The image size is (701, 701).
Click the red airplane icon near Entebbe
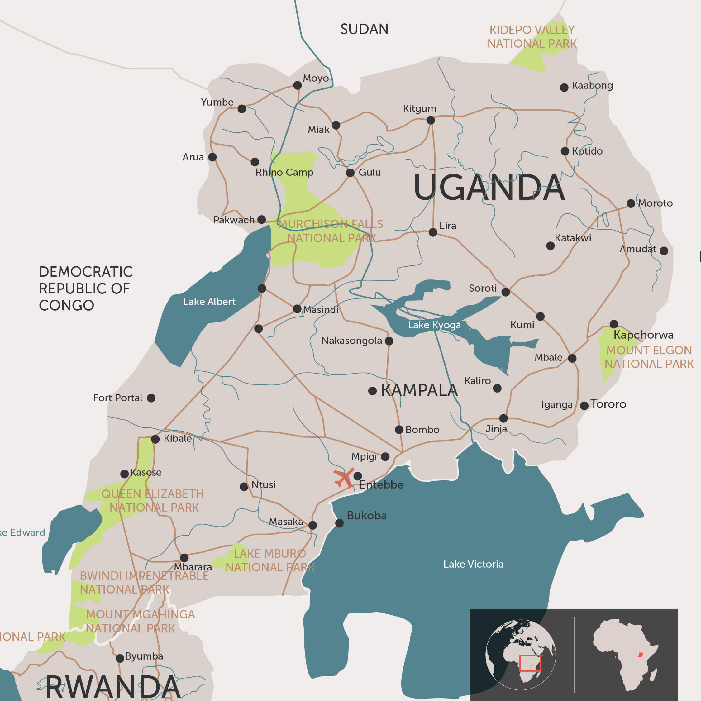click(343, 478)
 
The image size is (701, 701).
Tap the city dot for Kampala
click(372, 391)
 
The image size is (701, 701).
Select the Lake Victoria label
click(473, 564)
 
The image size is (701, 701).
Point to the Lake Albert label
click(209, 302)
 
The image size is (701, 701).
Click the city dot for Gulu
click(350, 173)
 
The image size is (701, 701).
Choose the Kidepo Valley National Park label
click(532, 37)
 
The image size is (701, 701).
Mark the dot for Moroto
click(631, 203)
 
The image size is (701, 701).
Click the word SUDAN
click(364, 29)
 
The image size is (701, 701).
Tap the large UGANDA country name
click(489, 188)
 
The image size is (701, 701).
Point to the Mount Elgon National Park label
click(649, 357)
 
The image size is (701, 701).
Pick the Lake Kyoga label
click(434, 325)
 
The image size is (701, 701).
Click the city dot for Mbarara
click(184, 557)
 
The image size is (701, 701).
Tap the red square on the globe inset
click(530, 663)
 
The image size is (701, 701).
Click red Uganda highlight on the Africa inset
click(641, 655)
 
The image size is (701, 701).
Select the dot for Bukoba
click(339, 523)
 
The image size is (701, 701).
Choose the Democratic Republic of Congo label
click(85, 289)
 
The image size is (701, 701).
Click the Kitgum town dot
click(431, 120)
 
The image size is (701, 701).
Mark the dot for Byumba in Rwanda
click(120, 658)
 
